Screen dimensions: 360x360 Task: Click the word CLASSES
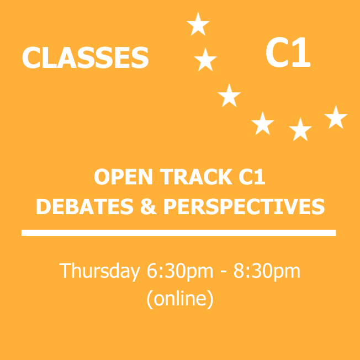[x=85, y=58]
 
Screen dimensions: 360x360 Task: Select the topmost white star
[x=198, y=24]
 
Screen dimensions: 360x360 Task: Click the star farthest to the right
[x=336, y=118]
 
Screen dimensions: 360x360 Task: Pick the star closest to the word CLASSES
[x=205, y=60]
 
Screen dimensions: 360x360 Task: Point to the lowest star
[x=300, y=130]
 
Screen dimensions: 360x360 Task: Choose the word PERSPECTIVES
[x=244, y=207]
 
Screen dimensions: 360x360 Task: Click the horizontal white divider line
[x=178, y=232]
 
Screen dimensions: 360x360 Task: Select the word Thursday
[x=99, y=271]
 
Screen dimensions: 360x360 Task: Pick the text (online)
[x=180, y=299]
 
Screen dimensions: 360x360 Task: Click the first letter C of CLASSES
[x=31, y=58]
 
